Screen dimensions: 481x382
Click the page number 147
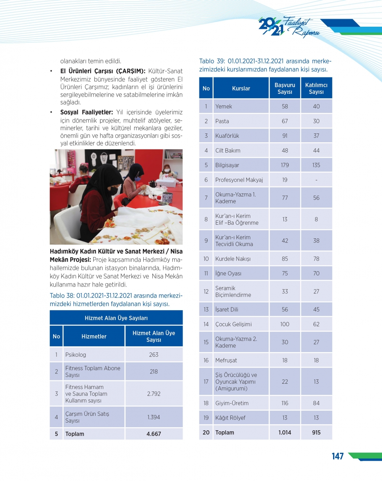pos(338,456)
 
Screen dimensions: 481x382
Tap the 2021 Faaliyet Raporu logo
pos(289,27)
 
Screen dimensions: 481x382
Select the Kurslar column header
pos(241,88)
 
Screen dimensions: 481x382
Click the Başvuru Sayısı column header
pos(285,88)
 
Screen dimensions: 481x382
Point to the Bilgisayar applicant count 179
pos(285,165)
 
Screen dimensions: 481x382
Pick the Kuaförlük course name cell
pos(227,136)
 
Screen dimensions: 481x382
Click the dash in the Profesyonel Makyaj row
pos(316,180)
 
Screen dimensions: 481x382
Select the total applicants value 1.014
pos(285,433)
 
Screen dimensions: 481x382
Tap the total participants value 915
pos(316,433)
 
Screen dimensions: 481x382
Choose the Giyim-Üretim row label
pos(232,403)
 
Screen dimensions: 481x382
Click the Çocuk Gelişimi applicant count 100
pos(285,324)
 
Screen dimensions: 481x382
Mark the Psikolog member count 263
pos(154,355)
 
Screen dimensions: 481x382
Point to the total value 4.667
pos(154,434)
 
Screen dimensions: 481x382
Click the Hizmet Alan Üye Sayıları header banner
pos(116,318)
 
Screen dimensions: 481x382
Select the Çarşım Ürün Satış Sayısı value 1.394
pos(154,417)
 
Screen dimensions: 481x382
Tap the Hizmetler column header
pos(94,336)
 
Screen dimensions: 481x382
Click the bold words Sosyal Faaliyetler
pos(86,113)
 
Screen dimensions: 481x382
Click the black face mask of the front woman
pos(114,191)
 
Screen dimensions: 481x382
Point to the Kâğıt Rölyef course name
pos(230,418)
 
